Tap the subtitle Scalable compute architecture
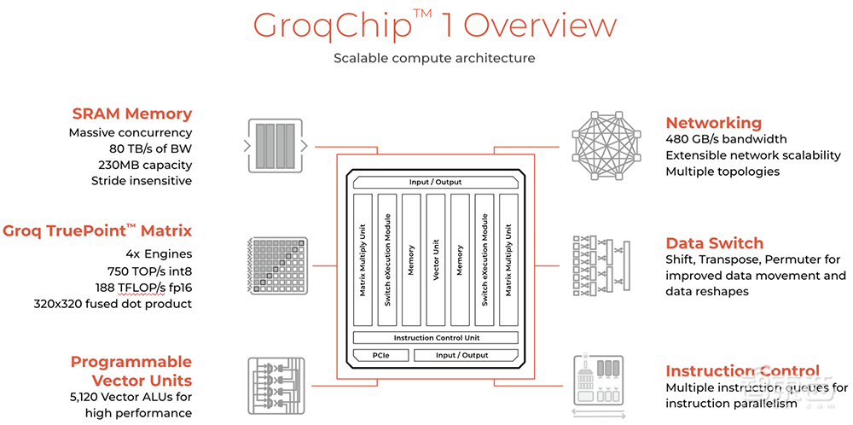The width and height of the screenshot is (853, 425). click(434, 58)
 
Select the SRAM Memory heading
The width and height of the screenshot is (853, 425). click(131, 114)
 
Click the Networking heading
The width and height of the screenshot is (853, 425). click(713, 122)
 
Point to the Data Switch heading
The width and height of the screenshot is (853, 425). click(714, 242)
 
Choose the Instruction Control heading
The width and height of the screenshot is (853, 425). click(742, 371)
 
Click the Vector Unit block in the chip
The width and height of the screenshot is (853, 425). click(435, 261)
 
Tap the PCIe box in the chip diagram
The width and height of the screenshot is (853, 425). click(381, 354)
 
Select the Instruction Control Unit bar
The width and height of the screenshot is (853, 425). click(435, 337)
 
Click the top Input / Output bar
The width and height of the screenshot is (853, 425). click(435, 182)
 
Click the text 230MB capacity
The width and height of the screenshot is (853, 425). click(146, 165)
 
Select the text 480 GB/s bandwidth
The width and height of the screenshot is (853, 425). click(726, 139)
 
